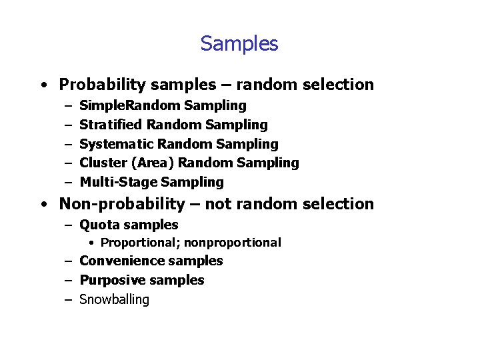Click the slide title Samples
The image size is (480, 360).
point(239,44)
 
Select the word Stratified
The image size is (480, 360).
point(111,125)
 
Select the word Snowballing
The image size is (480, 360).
point(114,299)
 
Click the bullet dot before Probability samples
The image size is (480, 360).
point(43,85)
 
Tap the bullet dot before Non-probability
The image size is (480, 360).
point(43,205)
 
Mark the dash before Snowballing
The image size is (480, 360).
point(69,300)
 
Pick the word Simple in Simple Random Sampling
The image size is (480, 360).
point(97,105)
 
